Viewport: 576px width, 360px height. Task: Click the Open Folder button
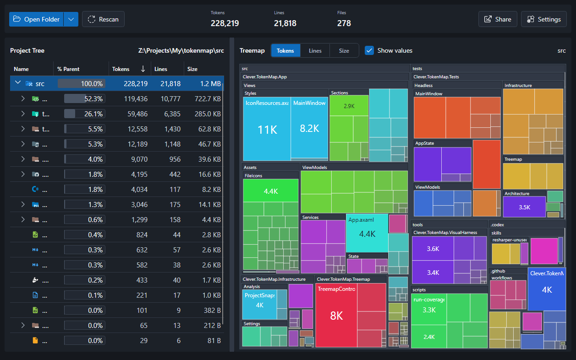tap(36, 19)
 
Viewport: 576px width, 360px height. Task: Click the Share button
tap(498, 19)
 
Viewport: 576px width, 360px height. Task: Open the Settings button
tap(543, 19)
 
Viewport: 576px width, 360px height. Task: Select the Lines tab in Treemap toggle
tap(315, 51)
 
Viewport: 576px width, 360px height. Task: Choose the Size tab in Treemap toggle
tap(344, 51)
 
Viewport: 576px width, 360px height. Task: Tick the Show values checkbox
tap(369, 50)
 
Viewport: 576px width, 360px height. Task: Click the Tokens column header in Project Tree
tap(121, 69)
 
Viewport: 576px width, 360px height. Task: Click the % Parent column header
tap(68, 69)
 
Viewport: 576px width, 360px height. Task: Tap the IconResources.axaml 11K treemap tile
tap(267, 130)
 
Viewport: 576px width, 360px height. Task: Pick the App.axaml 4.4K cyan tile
tap(367, 234)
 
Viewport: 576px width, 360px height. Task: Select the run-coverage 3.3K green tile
tap(428, 310)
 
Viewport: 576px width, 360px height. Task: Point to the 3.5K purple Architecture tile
tap(524, 207)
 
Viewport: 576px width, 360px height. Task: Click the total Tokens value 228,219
tap(225, 23)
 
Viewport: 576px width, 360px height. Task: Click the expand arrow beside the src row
tap(18, 83)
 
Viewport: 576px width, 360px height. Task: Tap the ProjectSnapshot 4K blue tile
tap(259, 305)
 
